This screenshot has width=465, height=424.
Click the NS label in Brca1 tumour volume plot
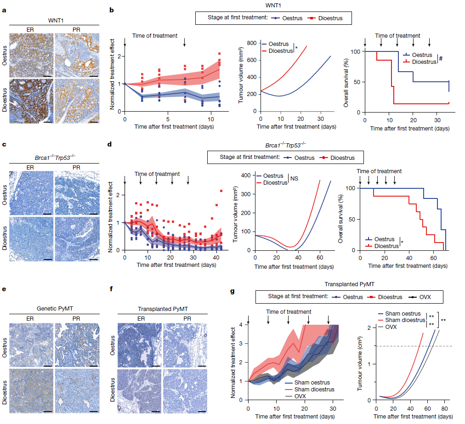pos(294,178)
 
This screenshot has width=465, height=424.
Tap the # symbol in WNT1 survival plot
pos(440,59)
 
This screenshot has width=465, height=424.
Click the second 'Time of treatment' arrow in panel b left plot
pos(185,42)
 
